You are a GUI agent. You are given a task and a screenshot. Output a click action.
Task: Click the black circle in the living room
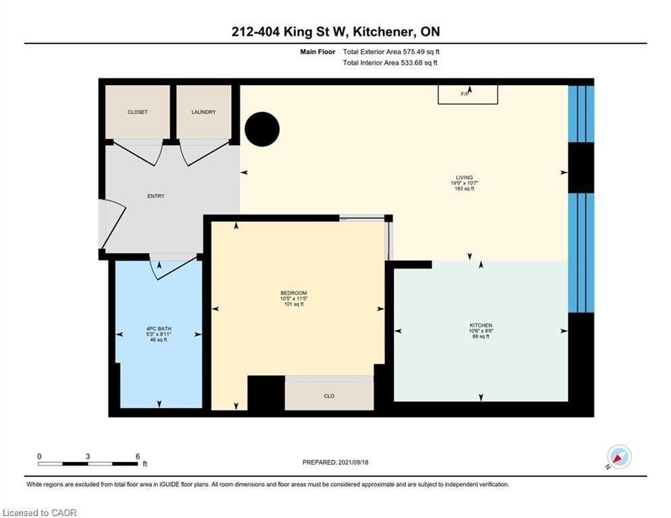coord(262,129)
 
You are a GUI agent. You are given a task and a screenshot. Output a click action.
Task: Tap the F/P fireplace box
coord(469,94)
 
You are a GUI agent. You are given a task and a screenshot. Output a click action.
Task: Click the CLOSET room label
coord(138,112)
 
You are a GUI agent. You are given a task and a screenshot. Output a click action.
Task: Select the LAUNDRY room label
coord(204,112)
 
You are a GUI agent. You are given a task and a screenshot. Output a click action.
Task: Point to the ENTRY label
coord(156,196)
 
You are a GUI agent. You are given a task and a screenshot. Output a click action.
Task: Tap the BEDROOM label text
coord(293,293)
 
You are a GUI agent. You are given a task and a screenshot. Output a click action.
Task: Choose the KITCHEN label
coord(480,325)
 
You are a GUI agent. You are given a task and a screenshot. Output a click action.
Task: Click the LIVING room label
coord(464,177)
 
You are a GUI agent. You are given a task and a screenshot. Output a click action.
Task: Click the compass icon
coord(618,458)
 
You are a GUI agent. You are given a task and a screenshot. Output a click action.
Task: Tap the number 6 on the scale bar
coord(138,457)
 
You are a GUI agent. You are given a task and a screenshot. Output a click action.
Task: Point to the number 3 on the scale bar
coord(88,457)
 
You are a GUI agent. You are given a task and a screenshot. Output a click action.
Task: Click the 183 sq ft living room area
coord(464,189)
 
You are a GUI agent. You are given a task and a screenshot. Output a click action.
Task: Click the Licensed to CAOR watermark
coord(40,513)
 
